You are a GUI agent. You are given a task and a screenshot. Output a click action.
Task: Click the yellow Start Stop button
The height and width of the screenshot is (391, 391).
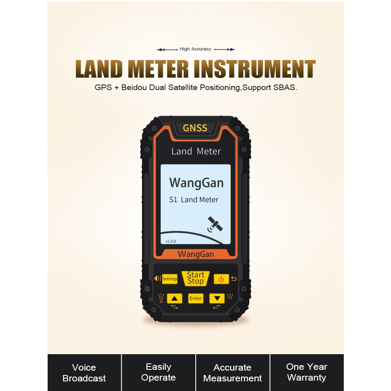[195, 278]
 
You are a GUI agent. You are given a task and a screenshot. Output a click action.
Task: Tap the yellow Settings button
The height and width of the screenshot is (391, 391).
[170, 279]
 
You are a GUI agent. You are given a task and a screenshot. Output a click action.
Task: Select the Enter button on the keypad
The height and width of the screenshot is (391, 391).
[196, 299]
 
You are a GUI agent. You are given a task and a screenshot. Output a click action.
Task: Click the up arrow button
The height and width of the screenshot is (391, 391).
[174, 299]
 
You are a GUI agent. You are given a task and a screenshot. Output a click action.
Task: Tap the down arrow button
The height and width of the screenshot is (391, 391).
[217, 299]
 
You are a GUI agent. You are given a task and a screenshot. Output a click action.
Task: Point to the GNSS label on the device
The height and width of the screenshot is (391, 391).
[195, 128]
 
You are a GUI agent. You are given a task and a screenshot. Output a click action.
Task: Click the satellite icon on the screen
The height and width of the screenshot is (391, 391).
[215, 225]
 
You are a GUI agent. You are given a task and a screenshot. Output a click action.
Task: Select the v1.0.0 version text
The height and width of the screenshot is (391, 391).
[171, 241]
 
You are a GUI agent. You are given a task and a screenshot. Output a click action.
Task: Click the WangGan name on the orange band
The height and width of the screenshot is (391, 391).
[196, 254]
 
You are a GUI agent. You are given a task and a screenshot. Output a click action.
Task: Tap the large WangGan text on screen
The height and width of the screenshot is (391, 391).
[196, 183]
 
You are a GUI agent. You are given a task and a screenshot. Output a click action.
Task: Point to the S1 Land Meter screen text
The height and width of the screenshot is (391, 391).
[194, 200]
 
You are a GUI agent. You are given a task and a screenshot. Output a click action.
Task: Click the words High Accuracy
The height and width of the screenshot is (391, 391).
[195, 49]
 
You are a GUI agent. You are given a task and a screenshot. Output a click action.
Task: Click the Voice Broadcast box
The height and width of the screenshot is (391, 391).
[84, 373]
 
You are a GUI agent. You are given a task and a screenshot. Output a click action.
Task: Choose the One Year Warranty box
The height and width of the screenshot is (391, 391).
[307, 372]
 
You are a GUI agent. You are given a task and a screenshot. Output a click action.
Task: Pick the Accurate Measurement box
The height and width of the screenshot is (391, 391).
[233, 373]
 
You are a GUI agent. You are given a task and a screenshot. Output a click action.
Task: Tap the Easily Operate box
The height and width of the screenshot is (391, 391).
[158, 372]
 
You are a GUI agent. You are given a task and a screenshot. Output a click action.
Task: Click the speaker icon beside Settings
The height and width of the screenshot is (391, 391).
[158, 279]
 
